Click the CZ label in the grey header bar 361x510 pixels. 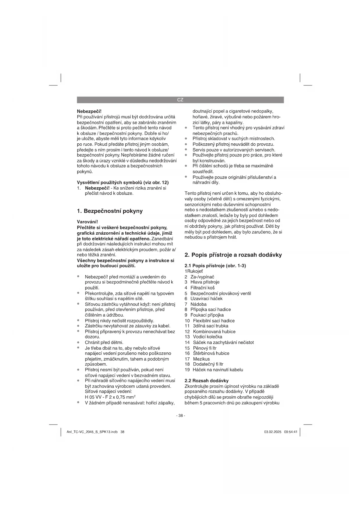coord(180,100)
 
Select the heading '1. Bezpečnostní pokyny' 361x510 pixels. coord(110,211)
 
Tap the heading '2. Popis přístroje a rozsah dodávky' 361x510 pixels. coord(233,255)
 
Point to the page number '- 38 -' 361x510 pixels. coord(180,416)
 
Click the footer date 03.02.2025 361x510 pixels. coord(273,432)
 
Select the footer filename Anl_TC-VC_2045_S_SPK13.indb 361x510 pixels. coord(92,432)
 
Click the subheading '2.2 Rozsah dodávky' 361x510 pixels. coord(207,381)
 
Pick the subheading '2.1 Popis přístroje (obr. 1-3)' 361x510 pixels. coord(215,266)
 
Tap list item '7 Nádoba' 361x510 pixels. coord(195,304)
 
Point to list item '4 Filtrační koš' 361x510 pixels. coord(199,288)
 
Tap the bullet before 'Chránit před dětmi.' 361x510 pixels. coord(78,343)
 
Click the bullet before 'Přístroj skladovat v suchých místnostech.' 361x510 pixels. coord(186,139)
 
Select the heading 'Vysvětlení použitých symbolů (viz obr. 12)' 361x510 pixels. coord(122,183)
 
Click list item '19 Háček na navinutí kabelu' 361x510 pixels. coord(214,370)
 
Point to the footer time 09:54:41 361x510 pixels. coord(291,432)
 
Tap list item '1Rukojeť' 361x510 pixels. coord(193,271)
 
